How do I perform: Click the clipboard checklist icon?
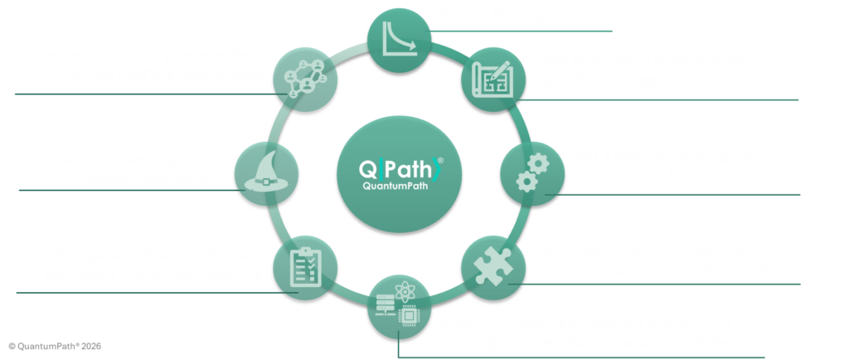click(304, 267)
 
